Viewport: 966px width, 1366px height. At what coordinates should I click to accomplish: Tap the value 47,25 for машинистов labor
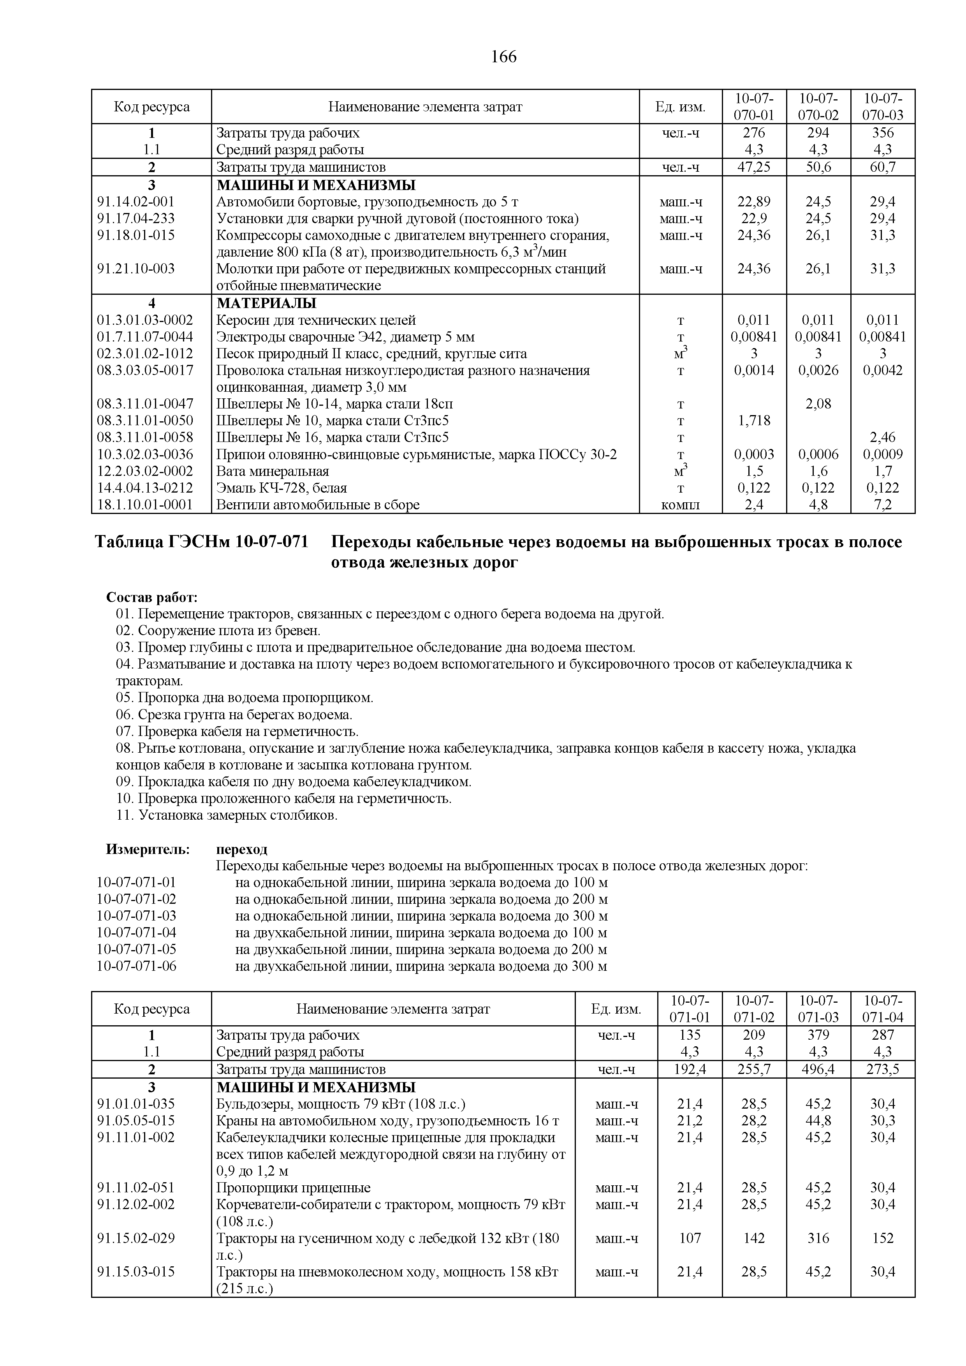(754, 167)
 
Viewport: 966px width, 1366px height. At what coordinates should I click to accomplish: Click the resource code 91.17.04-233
(136, 218)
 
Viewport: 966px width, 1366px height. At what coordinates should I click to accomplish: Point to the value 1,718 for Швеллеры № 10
(754, 421)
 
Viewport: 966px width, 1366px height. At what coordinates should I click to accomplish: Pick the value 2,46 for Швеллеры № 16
(882, 437)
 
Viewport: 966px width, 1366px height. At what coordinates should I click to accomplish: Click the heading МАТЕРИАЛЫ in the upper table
(266, 303)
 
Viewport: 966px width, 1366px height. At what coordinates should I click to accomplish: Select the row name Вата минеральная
(273, 471)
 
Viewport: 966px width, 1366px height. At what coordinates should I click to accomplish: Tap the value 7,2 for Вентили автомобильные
(882, 505)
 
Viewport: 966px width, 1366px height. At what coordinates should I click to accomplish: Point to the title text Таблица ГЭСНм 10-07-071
(202, 542)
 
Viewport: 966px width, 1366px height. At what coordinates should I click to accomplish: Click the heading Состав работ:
(152, 597)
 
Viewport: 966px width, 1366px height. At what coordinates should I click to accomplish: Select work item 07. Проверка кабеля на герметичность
(238, 731)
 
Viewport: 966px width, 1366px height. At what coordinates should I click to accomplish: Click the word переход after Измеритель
(241, 849)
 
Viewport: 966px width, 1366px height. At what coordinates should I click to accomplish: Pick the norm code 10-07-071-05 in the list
(136, 949)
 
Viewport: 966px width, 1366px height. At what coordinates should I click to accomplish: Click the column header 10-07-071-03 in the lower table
(818, 1009)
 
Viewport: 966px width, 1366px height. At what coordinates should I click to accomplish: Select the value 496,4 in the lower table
(818, 1069)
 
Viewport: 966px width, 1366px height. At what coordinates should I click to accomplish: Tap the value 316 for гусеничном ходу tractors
(818, 1238)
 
